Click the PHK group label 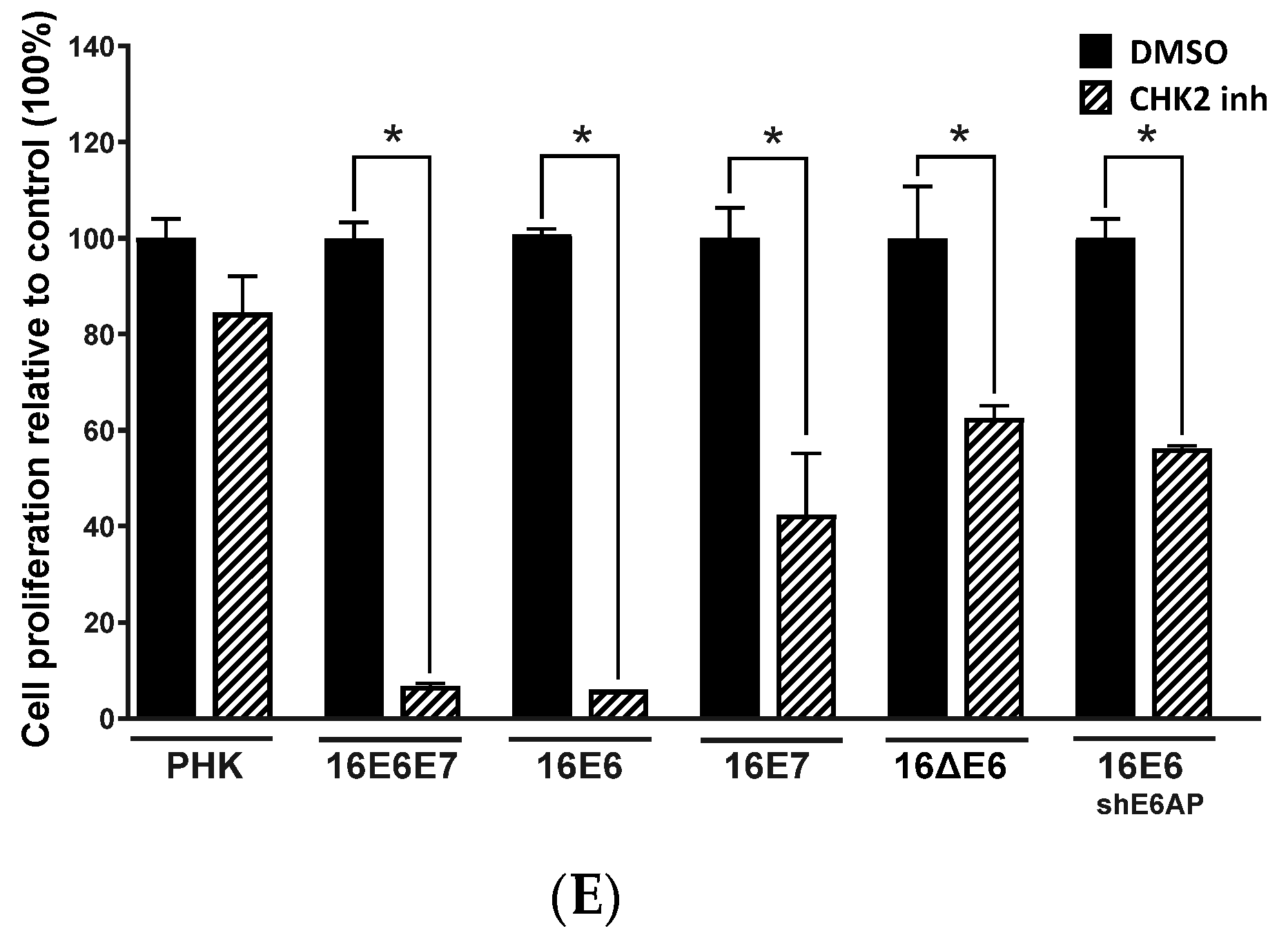(205, 769)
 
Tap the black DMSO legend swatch (1095, 52)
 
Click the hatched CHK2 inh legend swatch (1095, 99)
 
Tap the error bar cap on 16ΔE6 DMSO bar (917, 186)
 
